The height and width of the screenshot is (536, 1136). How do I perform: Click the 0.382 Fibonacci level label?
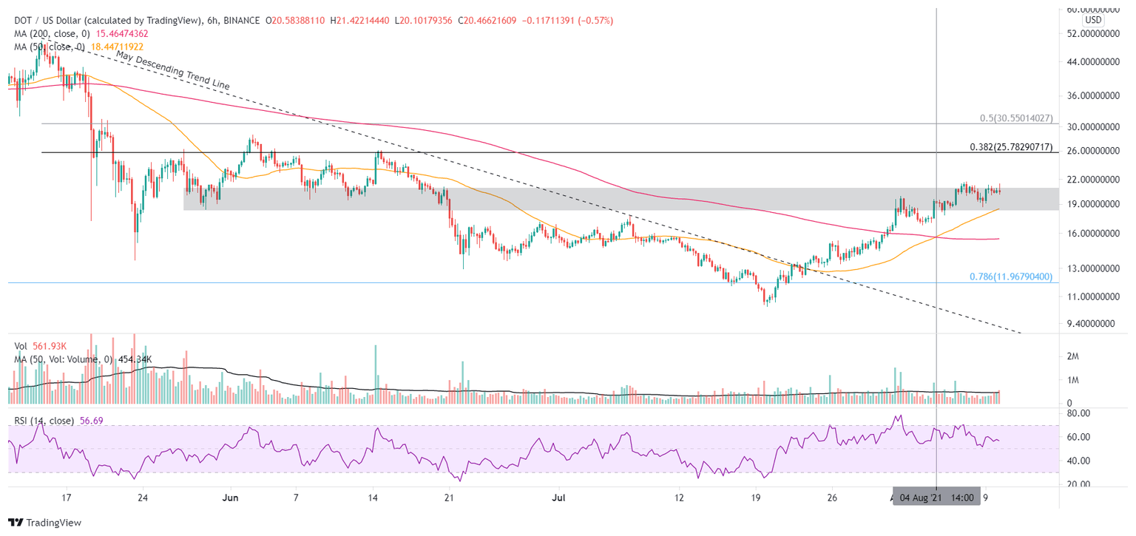[x=1010, y=147]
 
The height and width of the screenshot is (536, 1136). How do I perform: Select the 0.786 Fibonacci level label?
[x=1010, y=277]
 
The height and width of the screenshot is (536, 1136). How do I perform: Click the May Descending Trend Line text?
[x=172, y=70]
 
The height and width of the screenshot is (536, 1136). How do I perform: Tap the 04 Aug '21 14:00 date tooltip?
[x=937, y=497]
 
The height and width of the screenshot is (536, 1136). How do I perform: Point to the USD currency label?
[x=1092, y=19]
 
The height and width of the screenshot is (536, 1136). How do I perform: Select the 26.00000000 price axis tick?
[x=1097, y=151]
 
